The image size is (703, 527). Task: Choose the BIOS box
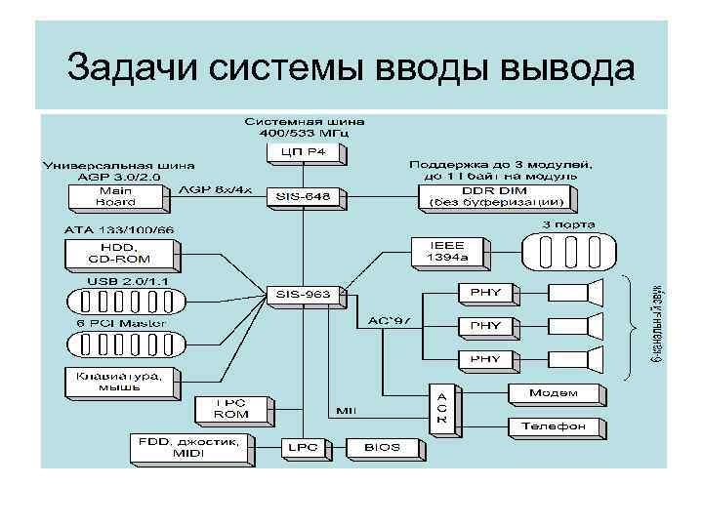tap(382, 447)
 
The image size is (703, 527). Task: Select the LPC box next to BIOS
tap(299, 447)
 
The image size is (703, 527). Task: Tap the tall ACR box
tap(440, 403)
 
